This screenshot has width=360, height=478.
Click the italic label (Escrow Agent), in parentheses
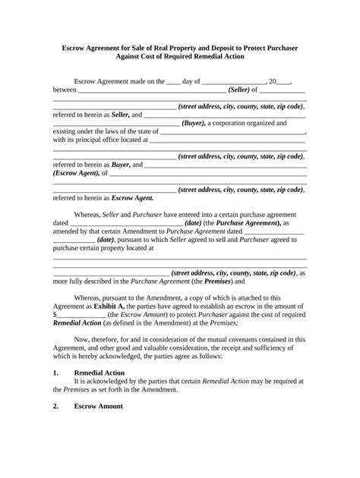click(x=77, y=172)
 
